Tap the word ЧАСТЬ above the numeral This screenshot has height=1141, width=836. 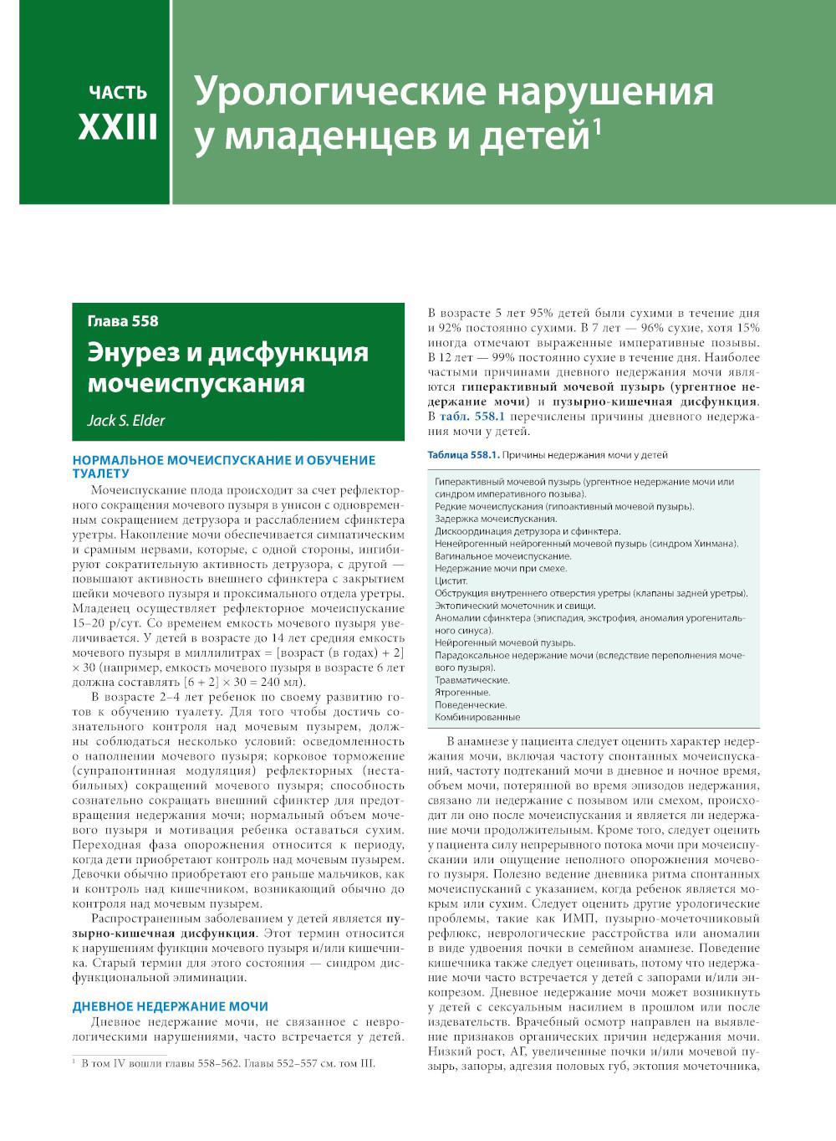[x=118, y=92]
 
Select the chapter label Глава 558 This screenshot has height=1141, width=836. [x=122, y=320]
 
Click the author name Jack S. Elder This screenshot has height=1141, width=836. [x=126, y=420]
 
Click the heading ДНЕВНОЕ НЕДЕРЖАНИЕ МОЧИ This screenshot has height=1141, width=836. [x=171, y=1006]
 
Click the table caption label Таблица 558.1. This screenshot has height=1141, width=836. [x=462, y=455]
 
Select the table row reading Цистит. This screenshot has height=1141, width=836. [x=451, y=581]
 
